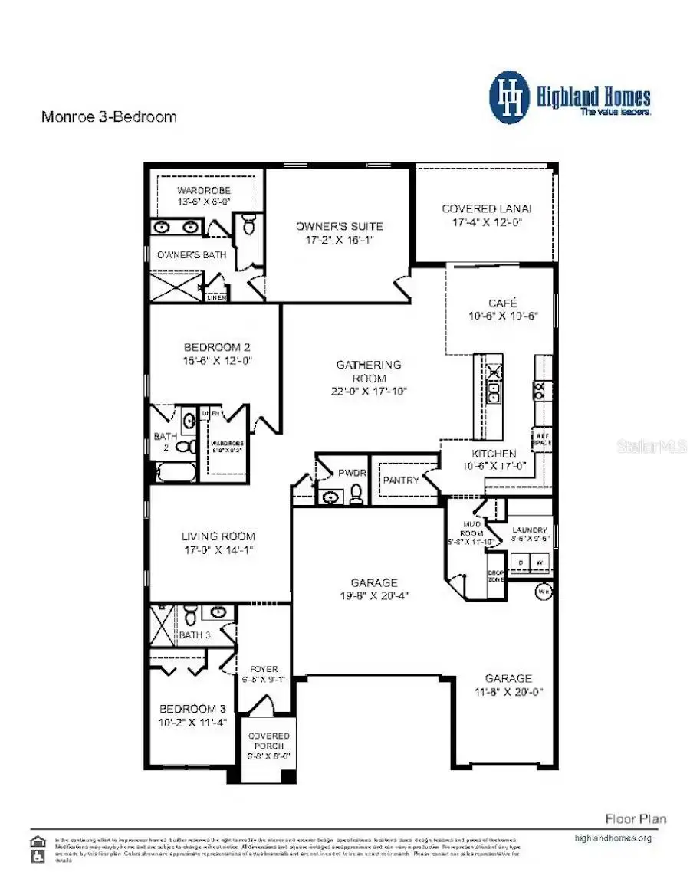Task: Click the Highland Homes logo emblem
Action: (510, 97)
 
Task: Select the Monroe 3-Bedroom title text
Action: (108, 117)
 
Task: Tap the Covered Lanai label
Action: (487, 208)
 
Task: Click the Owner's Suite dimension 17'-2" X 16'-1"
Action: (340, 240)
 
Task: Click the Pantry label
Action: (401, 480)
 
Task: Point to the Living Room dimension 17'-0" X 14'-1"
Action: (218, 549)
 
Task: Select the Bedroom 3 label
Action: (193, 708)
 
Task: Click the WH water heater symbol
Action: (544, 591)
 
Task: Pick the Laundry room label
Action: (530, 530)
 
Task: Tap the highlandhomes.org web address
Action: (613, 838)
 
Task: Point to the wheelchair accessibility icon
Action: (36, 857)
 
